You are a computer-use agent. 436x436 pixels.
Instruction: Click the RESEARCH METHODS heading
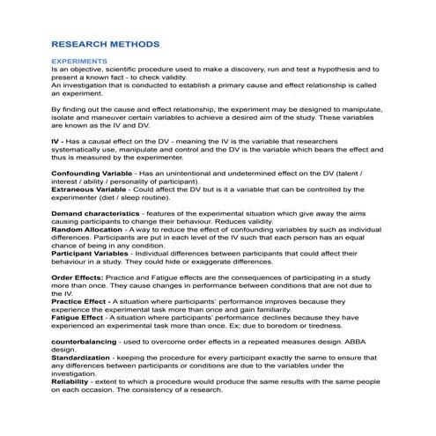[105, 42]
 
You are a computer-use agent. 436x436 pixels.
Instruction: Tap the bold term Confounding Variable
[92, 174]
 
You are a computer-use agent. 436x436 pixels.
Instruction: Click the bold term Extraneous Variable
[90, 189]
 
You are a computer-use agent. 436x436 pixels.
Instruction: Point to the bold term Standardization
[86, 359]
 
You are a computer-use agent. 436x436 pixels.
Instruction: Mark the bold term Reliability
[73, 382]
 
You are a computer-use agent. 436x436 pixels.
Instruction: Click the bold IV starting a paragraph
[55, 143]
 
